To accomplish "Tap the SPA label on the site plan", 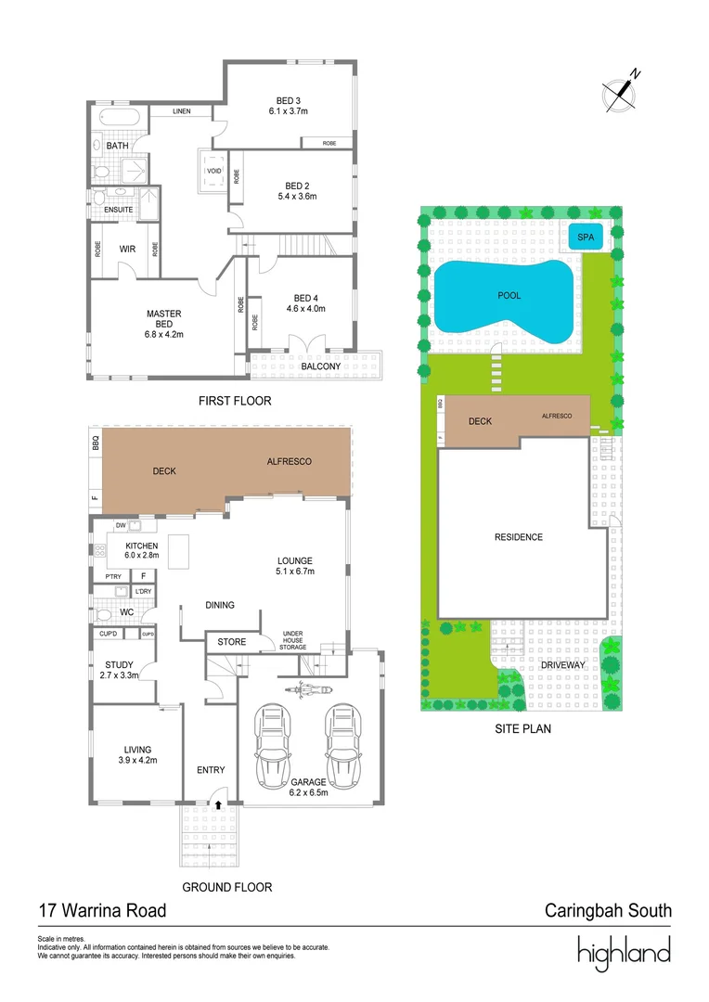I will (585, 237).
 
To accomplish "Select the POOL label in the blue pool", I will (509, 296).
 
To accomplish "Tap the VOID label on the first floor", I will (213, 172).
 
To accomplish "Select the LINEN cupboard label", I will (181, 111).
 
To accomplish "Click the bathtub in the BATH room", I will (118, 119).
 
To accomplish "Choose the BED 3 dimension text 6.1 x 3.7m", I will (288, 111).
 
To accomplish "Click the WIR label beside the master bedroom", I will (127, 250).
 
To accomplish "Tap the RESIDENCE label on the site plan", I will (518, 537).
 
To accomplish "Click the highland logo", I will (623, 953).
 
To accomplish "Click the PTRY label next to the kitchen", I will (113, 576).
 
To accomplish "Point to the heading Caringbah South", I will (607, 910).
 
